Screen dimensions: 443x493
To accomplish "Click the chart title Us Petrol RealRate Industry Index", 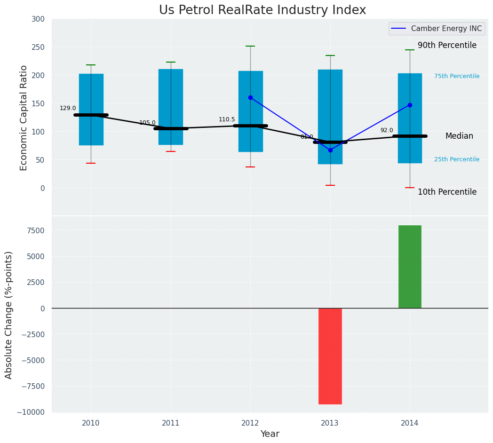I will click(x=262, y=10).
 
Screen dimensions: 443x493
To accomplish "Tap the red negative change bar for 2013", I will click(x=330, y=356).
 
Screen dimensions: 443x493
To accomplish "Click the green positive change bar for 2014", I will click(x=410, y=267).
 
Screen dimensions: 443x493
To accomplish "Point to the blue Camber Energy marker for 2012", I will click(x=250, y=97).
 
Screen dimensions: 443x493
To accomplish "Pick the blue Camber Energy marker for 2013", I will click(x=330, y=150).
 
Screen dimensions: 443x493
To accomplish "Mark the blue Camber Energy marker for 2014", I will click(x=410, y=105).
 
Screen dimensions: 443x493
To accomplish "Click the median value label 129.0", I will click(x=68, y=108).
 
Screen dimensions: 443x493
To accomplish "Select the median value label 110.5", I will click(x=227, y=119).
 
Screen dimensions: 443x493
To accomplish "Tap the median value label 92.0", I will click(x=387, y=130).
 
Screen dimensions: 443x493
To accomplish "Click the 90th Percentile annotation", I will click(x=447, y=46).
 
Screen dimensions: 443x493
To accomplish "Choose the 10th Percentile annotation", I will click(x=447, y=192).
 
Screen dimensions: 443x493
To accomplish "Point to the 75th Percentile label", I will click(x=457, y=76).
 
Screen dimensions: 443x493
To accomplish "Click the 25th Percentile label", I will click(x=457, y=159).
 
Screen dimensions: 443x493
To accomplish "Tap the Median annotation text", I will click(x=459, y=136).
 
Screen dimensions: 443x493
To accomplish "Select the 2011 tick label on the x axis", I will click(x=171, y=423).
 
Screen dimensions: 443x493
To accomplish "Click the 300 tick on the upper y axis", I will click(x=38, y=19).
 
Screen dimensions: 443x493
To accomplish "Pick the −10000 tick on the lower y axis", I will click(x=31, y=412).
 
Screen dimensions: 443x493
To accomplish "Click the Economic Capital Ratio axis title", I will click(x=24, y=117).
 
